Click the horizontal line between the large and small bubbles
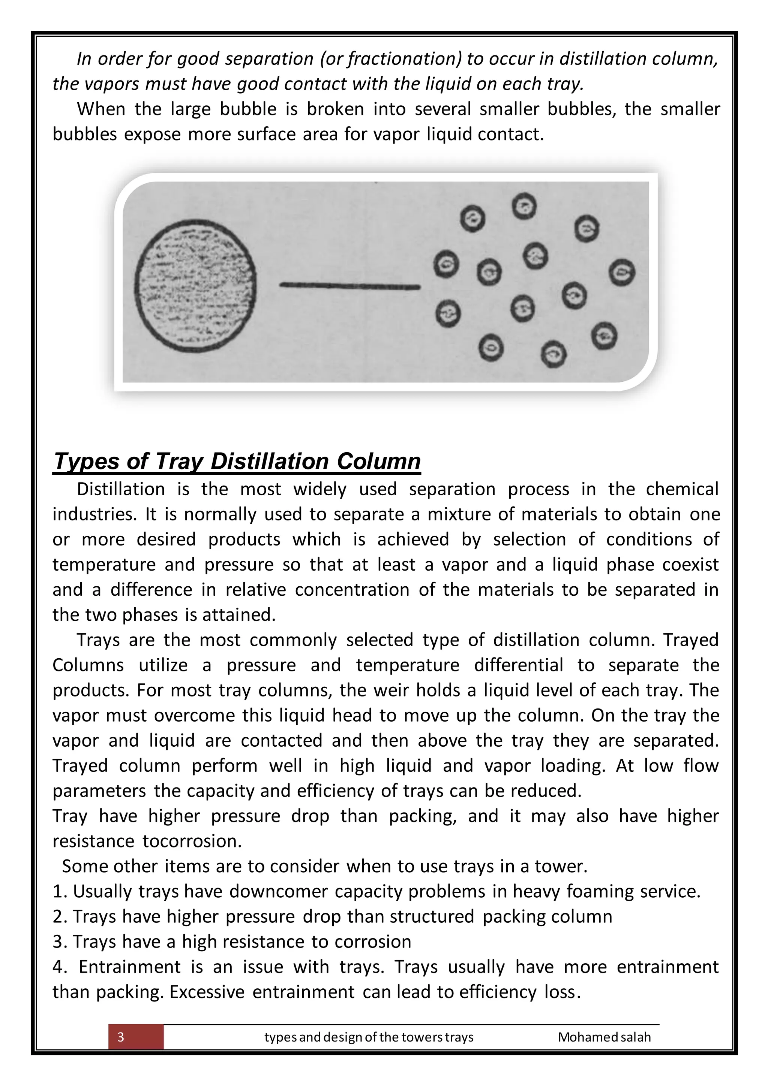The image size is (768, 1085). pyautogui.click(x=350, y=286)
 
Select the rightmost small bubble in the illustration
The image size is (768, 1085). pyautogui.click(x=621, y=273)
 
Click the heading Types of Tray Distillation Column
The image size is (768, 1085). pyautogui.click(x=237, y=461)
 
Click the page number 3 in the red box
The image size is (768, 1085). pyautogui.click(x=121, y=1037)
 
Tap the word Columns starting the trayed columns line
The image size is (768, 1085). pyautogui.click(x=88, y=665)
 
